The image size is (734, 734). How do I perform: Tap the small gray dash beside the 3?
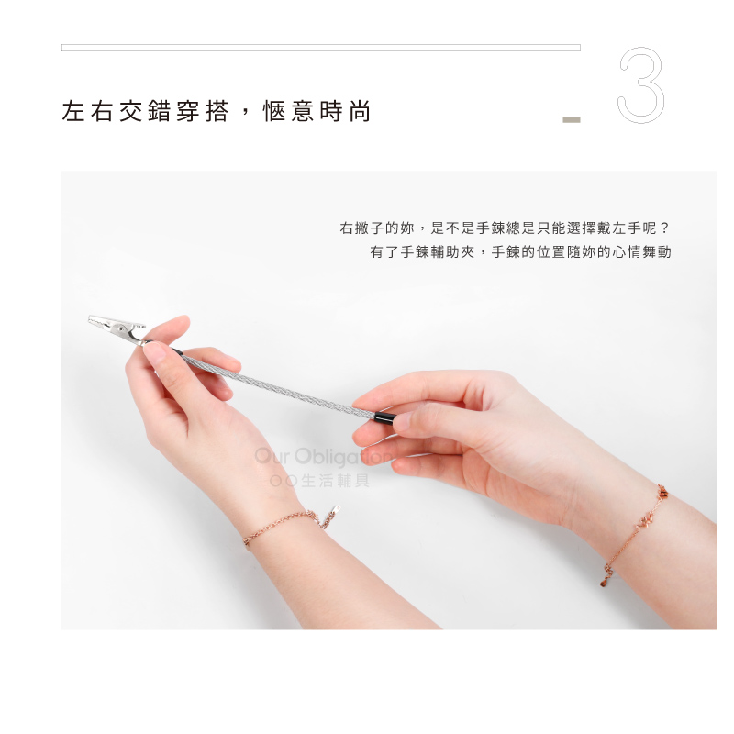(571, 120)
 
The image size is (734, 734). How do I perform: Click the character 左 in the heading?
(73, 111)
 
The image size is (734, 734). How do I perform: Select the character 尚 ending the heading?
(360, 111)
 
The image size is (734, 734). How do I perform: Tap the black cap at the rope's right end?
(384, 417)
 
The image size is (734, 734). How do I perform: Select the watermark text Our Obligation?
(323, 456)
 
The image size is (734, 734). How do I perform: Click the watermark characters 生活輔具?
(335, 481)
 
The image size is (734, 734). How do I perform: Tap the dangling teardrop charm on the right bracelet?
(605, 582)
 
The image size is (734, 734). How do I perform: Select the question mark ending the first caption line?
(664, 228)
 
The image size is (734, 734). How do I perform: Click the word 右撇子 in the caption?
(361, 228)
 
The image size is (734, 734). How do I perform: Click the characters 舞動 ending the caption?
(657, 251)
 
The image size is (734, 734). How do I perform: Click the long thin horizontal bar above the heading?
(321, 48)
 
